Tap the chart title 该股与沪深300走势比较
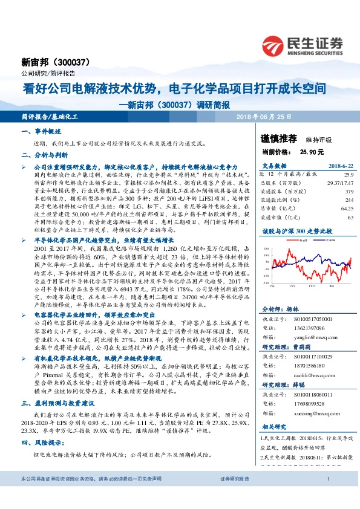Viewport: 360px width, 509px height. tap(289, 231)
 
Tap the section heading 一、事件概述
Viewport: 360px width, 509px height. tap(42, 131)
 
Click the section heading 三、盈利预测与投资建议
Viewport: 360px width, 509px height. tap(57, 385)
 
